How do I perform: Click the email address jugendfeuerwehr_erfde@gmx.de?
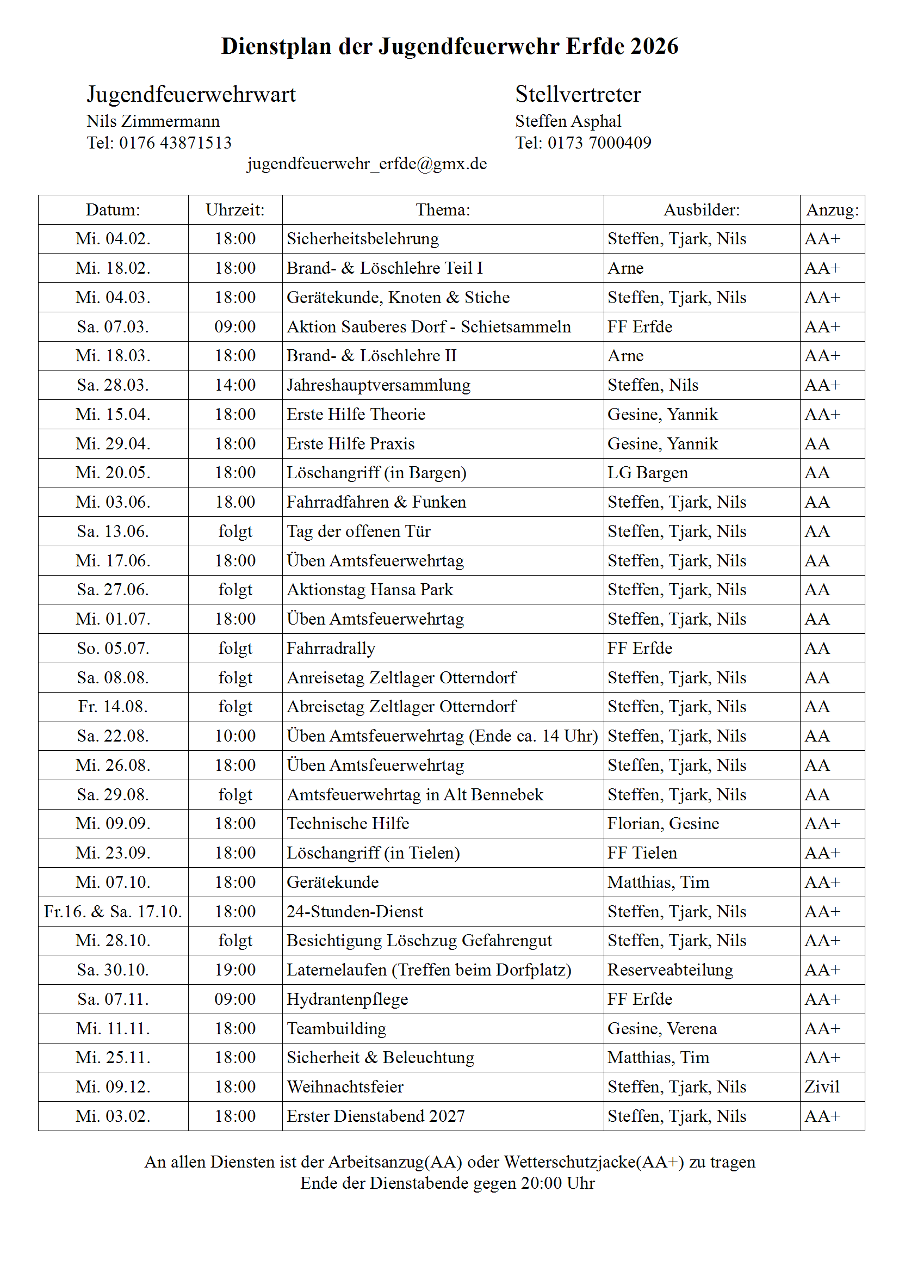click(x=367, y=164)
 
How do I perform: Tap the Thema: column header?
click(x=443, y=210)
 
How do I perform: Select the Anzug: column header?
click(x=832, y=210)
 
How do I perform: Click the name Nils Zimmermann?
click(x=153, y=121)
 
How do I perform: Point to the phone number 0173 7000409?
click(x=599, y=143)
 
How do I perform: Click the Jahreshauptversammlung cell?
click(x=379, y=385)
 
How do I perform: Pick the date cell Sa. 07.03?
click(x=113, y=327)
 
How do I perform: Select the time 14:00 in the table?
click(x=235, y=385)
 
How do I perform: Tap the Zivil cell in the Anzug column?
click(x=822, y=1087)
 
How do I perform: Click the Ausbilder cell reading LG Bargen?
click(x=648, y=473)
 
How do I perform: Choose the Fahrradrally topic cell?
click(x=331, y=648)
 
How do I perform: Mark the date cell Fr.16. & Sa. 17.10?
click(x=113, y=911)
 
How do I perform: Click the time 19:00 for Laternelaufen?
click(x=235, y=970)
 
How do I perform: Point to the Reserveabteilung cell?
click(x=670, y=970)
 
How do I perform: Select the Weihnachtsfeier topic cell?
click(x=345, y=1087)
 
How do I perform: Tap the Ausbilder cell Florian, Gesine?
click(x=663, y=824)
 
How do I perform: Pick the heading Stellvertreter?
click(x=578, y=94)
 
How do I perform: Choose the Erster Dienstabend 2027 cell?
click(x=376, y=1116)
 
